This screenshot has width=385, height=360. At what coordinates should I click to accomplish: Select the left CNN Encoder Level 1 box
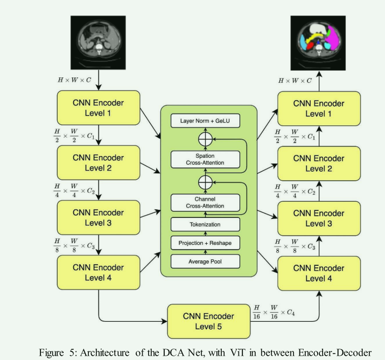click(98, 108)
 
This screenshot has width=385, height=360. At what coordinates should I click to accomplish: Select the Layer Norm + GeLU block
click(204, 121)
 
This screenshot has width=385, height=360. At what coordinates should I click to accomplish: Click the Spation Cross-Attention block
click(204, 159)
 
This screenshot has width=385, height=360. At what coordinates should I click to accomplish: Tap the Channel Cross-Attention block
click(204, 202)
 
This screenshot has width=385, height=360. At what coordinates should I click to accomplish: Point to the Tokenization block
click(204, 224)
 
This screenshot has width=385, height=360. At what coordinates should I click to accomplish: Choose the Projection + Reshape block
click(204, 243)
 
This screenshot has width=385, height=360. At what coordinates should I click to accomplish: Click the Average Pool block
click(204, 262)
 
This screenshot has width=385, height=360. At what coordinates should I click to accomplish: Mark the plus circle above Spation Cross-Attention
click(204, 139)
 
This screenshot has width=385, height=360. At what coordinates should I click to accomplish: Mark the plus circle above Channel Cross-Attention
click(204, 182)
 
